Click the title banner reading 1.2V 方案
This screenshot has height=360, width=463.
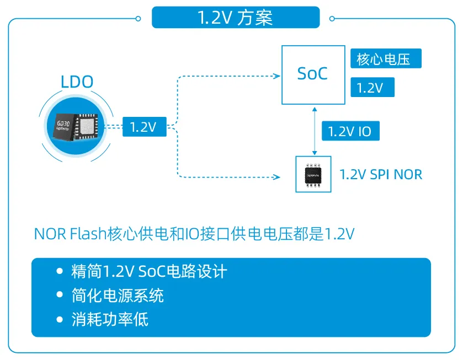[235, 18]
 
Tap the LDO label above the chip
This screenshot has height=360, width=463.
[77, 82]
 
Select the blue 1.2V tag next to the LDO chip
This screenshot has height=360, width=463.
[143, 127]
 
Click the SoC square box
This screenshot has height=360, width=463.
[313, 74]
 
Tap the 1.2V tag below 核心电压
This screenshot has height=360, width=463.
[372, 88]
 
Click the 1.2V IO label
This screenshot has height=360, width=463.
[350, 132]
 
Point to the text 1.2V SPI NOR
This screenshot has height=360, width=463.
[381, 175]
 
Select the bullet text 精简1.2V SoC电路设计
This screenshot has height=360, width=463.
[149, 272]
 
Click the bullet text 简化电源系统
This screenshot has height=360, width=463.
[118, 295]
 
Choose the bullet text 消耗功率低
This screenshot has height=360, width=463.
[110, 319]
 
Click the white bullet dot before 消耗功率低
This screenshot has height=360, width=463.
[60, 320]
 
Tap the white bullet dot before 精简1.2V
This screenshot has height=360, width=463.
[60, 272]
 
